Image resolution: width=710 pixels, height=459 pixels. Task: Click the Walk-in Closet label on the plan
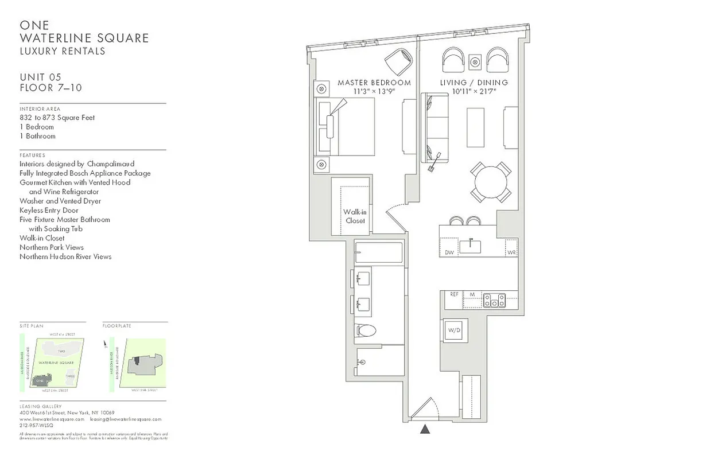(355, 216)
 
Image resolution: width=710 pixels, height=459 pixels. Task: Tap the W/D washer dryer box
(454, 330)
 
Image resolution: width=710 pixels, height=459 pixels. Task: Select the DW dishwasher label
(449, 252)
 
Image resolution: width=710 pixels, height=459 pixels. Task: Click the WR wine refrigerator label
(511, 252)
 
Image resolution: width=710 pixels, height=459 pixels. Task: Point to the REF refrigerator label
(454, 294)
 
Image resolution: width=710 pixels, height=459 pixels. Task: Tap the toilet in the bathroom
(365, 330)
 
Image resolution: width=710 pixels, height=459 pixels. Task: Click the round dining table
(490, 181)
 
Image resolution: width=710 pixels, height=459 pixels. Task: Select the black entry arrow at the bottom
(425, 428)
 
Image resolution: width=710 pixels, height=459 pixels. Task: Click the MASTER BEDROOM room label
(374, 83)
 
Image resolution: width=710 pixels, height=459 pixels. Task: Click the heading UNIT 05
(40, 77)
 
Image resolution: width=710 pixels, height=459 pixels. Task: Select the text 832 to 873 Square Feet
(57, 118)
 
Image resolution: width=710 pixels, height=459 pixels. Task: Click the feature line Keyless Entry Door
(49, 210)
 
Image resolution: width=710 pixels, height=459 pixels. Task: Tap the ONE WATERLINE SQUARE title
(84, 32)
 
